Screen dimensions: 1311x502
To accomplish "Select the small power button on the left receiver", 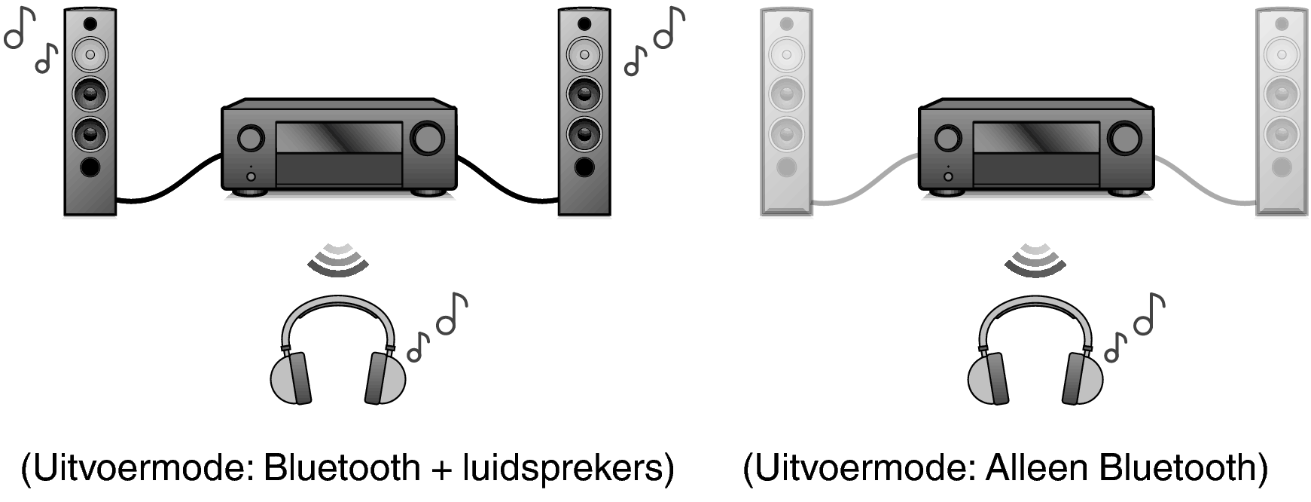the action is point(251,176).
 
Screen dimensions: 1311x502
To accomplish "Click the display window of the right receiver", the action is point(1036,138).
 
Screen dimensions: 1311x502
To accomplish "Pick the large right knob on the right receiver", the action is point(1123,138).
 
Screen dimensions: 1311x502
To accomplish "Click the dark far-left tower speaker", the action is point(90,112).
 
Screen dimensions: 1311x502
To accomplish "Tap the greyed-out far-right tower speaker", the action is point(1282,112).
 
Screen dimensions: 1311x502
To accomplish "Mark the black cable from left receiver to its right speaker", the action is point(507,182).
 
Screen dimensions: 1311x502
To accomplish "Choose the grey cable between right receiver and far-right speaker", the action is point(1204,182).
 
